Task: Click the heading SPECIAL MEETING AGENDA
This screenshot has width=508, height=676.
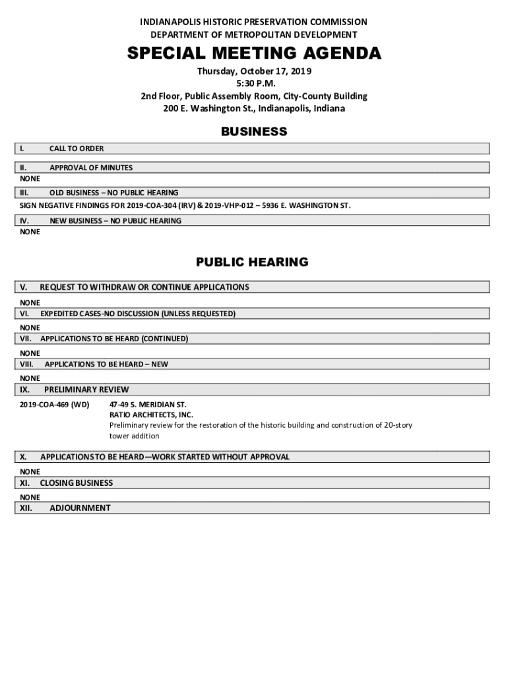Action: pos(254,53)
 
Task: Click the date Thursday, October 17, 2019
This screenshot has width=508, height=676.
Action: pos(254,71)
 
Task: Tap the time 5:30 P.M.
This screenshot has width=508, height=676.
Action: pos(254,84)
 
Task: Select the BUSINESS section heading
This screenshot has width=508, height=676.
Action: pos(254,131)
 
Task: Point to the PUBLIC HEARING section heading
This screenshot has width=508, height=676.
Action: pos(252,262)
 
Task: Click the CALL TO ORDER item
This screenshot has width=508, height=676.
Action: pos(77,149)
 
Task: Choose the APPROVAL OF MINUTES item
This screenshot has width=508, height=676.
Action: pos(91,168)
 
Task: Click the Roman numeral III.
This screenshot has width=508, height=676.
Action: pos(24,193)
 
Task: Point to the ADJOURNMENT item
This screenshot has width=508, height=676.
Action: pos(80,508)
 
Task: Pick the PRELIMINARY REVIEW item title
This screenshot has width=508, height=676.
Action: pos(86,389)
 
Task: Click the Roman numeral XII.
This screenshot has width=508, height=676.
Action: pos(26,508)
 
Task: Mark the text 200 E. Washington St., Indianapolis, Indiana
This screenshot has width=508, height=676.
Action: pos(254,109)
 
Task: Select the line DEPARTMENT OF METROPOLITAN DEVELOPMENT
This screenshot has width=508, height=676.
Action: pos(254,34)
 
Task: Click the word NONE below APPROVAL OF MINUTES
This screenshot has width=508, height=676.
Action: pos(30,179)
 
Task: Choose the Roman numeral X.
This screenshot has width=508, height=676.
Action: pos(23,457)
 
